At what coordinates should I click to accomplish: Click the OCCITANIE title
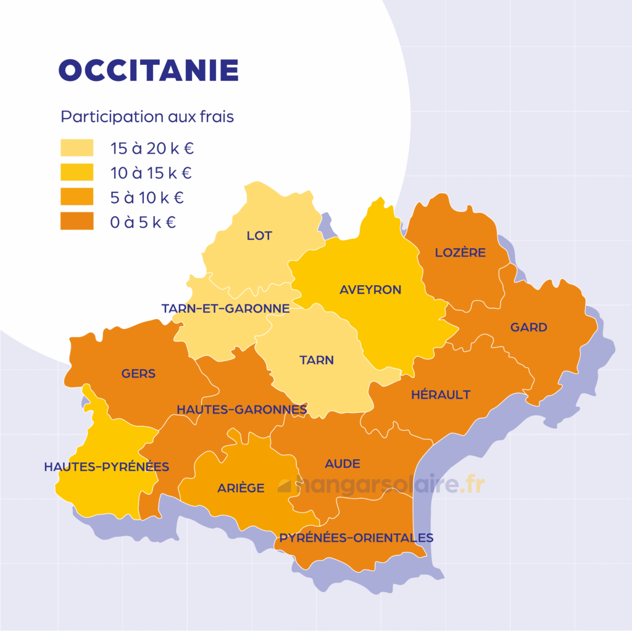coord(148,71)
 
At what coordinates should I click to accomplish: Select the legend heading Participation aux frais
coord(147,117)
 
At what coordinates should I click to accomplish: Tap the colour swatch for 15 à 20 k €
coord(77,148)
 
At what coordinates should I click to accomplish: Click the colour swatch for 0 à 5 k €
coord(77,222)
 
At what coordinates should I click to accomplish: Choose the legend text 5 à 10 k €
coord(147,198)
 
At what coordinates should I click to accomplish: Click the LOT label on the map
coord(259,236)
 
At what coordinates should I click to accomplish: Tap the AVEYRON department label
coord(370,289)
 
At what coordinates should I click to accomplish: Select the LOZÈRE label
coord(460,252)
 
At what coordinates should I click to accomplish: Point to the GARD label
coord(528,328)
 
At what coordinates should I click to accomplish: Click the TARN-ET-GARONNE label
coord(225,309)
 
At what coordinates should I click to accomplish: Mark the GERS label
coord(138,373)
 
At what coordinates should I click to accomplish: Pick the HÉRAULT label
coord(441,395)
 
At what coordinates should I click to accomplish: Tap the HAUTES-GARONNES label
coord(241,410)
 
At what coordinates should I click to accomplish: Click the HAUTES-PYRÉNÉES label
coord(106,467)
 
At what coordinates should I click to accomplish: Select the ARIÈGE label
coord(241,488)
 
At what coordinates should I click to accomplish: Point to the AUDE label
coord(343,464)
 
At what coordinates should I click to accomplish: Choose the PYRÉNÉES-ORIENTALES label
coord(356,538)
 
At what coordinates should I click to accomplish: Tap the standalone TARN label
coord(317,360)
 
